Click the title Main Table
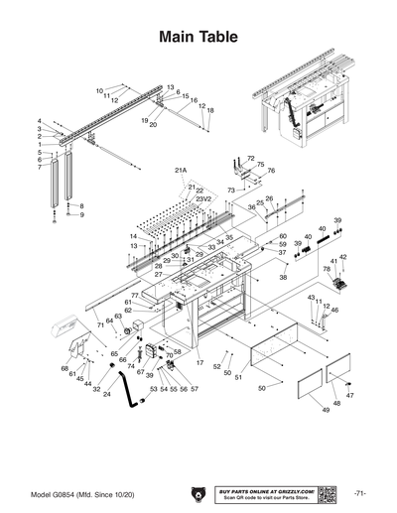[x=198, y=38]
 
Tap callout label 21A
[x=181, y=171]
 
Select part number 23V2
[x=204, y=198]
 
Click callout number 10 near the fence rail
[x=100, y=90]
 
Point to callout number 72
[x=251, y=158]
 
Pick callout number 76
[x=270, y=171]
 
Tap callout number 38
[x=283, y=278]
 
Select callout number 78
[x=327, y=269]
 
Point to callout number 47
[x=349, y=395]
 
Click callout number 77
[x=134, y=296]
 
